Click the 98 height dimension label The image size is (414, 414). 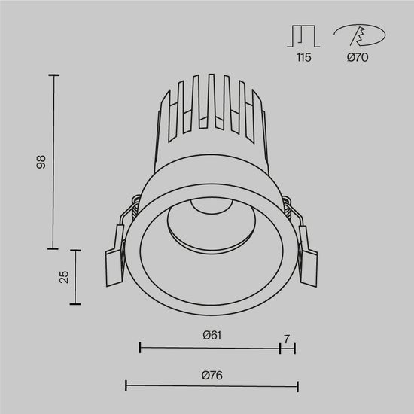coord(42,161)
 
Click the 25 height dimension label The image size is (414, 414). coord(64,276)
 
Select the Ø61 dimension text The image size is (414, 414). coord(212,334)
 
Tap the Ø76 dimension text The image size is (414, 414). coord(212,374)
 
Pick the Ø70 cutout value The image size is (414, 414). coord(358,58)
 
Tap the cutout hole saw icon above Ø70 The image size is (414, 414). coord(358,35)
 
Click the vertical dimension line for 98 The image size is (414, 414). coord(53,161)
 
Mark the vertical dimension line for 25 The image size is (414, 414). coord(75,276)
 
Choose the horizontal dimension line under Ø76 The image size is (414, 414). coord(212,386)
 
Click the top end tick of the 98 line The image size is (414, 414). coord(53,75)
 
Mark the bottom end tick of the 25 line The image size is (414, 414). coord(75,303)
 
